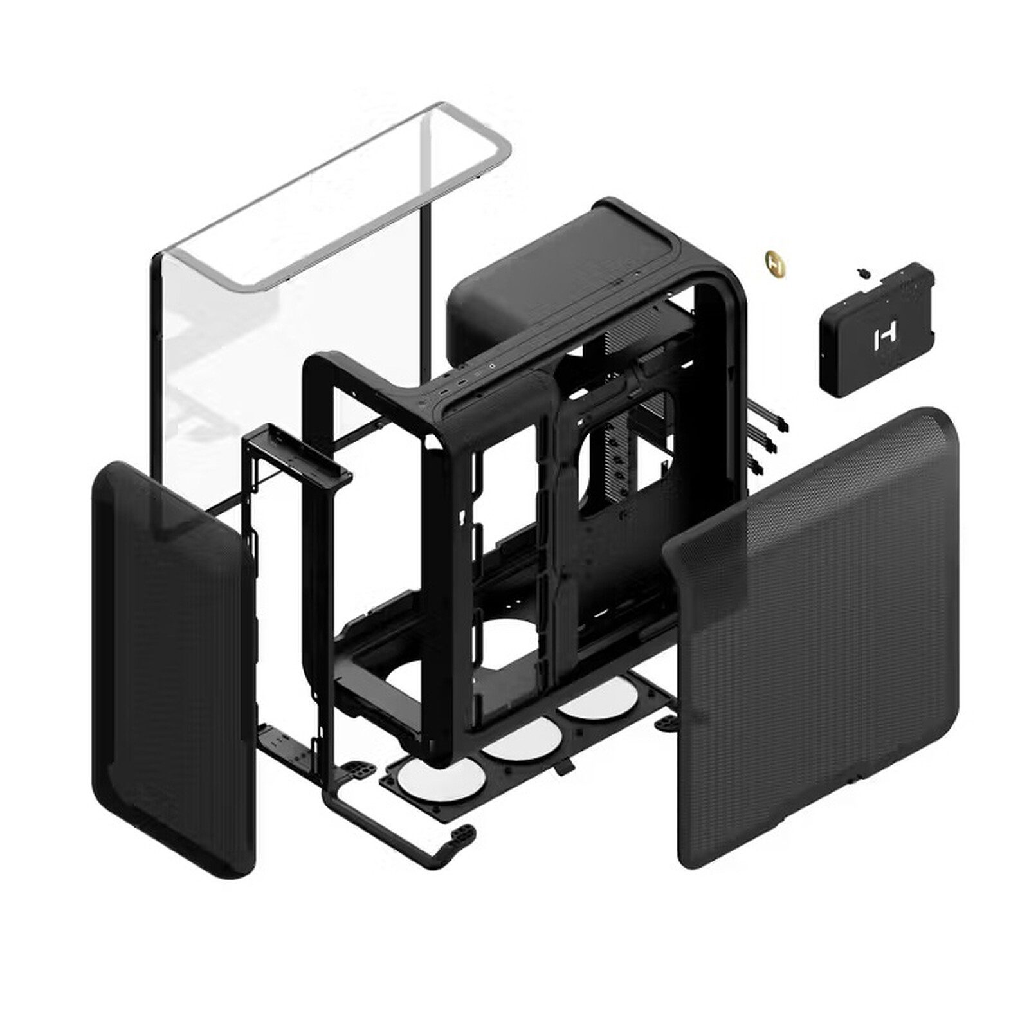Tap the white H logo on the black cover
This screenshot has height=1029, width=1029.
[879, 339]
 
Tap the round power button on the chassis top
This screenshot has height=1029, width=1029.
[491, 367]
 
